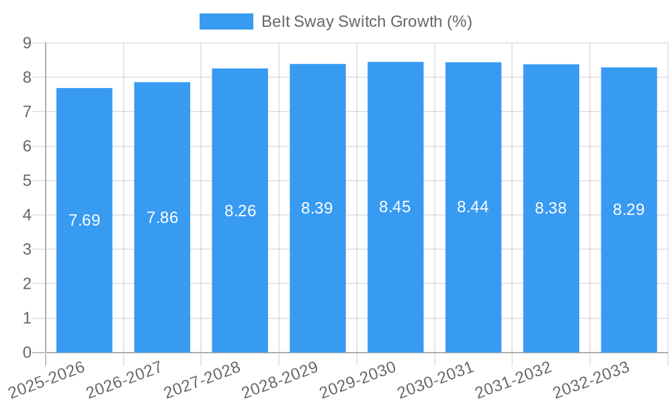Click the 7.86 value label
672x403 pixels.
tap(162, 218)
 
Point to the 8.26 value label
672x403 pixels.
tap(240, 211)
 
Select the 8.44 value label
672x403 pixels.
tap(473, 207)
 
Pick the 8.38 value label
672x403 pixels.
tap(551, 208)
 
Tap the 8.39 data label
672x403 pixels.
tap(317, 208)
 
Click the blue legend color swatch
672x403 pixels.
tap(226, 21)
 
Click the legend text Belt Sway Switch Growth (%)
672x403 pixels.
tap(366, 21)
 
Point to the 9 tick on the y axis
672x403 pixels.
tap(27, 43)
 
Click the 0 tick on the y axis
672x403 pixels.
tap(27, 353)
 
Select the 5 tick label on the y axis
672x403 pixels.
tap(27, 181)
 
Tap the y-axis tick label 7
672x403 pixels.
tap(27, 112)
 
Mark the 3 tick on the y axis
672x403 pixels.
tap(27, 249)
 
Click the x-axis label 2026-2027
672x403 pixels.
tap(125, 379)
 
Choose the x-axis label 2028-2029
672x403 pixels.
tap(280, 379)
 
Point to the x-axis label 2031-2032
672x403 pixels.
tap(513, 379)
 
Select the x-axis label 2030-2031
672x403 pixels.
tap(436, 379)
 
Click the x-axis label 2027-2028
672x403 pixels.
tap(202, 379)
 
